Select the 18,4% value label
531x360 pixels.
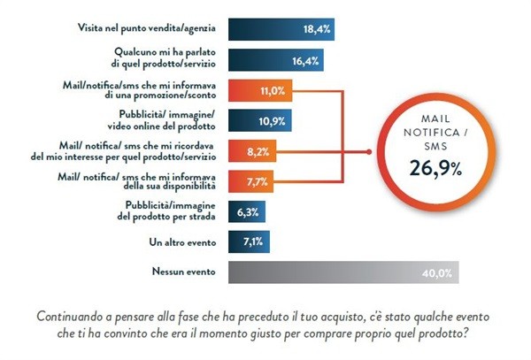click(317, 29)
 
